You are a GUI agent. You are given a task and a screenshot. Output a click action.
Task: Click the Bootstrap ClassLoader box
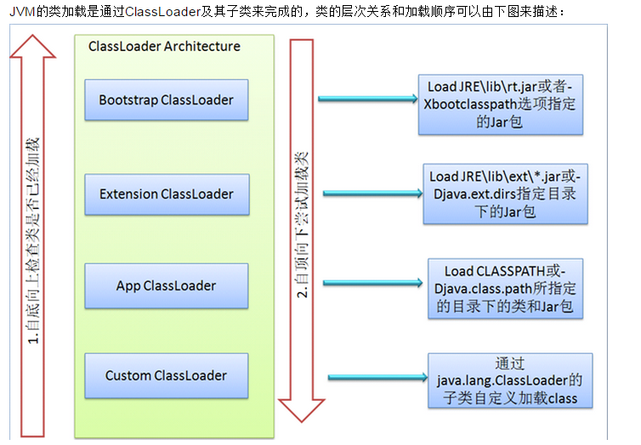click(167, 100)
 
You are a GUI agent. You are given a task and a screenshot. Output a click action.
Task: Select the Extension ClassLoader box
click(167, 194)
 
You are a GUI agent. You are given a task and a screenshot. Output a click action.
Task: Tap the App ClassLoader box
click(167, 285)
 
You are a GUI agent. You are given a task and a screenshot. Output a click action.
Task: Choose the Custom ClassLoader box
click(167, 375)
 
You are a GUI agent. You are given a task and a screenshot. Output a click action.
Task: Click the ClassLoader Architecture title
click(164, 46)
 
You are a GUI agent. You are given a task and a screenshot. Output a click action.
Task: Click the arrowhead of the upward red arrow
click(32, 47)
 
